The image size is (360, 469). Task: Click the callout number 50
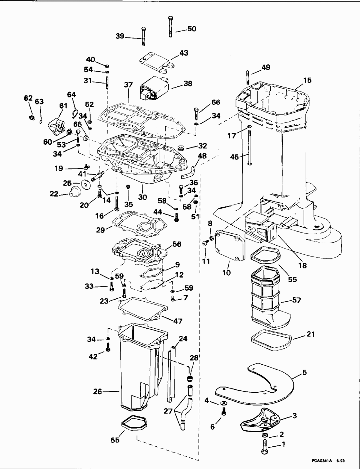[x=192, y=29]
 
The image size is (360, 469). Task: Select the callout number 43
[x=184, y=53]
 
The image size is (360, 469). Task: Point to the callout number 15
[x=307, y=81]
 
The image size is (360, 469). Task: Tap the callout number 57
[x=297, y=300]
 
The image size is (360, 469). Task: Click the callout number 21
[x=311, y=334]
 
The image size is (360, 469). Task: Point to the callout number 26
[x=97, y=391]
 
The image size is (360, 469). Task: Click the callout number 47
[x=178, y=321]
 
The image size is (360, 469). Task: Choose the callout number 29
[x=100, y=230]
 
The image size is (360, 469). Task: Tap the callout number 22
[x=54, y=194]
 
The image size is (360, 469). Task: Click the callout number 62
[x=28, y=98]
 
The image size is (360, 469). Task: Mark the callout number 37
[x=128, y=85]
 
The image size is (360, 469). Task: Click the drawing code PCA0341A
[x=321, y=461]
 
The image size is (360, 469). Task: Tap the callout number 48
[x=202, y=156]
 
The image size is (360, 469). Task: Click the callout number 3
[x=294, y=415]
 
